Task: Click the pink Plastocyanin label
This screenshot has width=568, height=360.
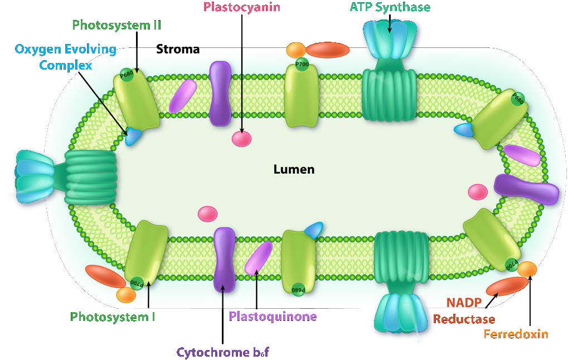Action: click(241, 7)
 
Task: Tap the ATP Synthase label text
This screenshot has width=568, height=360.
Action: click(390, 7)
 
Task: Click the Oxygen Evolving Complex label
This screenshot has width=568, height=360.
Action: click(65, 56)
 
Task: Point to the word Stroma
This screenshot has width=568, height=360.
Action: click(177, 50)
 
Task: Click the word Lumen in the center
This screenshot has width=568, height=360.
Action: click(294, 169)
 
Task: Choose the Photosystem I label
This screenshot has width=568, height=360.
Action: click(112, 317)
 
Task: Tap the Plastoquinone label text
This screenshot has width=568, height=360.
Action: click(273, 317)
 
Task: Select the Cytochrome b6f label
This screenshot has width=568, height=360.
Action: click(226, 352)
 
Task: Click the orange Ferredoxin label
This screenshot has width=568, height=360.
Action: click(516, 334)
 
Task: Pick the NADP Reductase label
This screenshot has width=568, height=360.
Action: click(464, 311)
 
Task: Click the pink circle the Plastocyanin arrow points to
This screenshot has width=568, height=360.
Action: click(242, 138)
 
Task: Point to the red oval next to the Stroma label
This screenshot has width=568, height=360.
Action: click(328, 50)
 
